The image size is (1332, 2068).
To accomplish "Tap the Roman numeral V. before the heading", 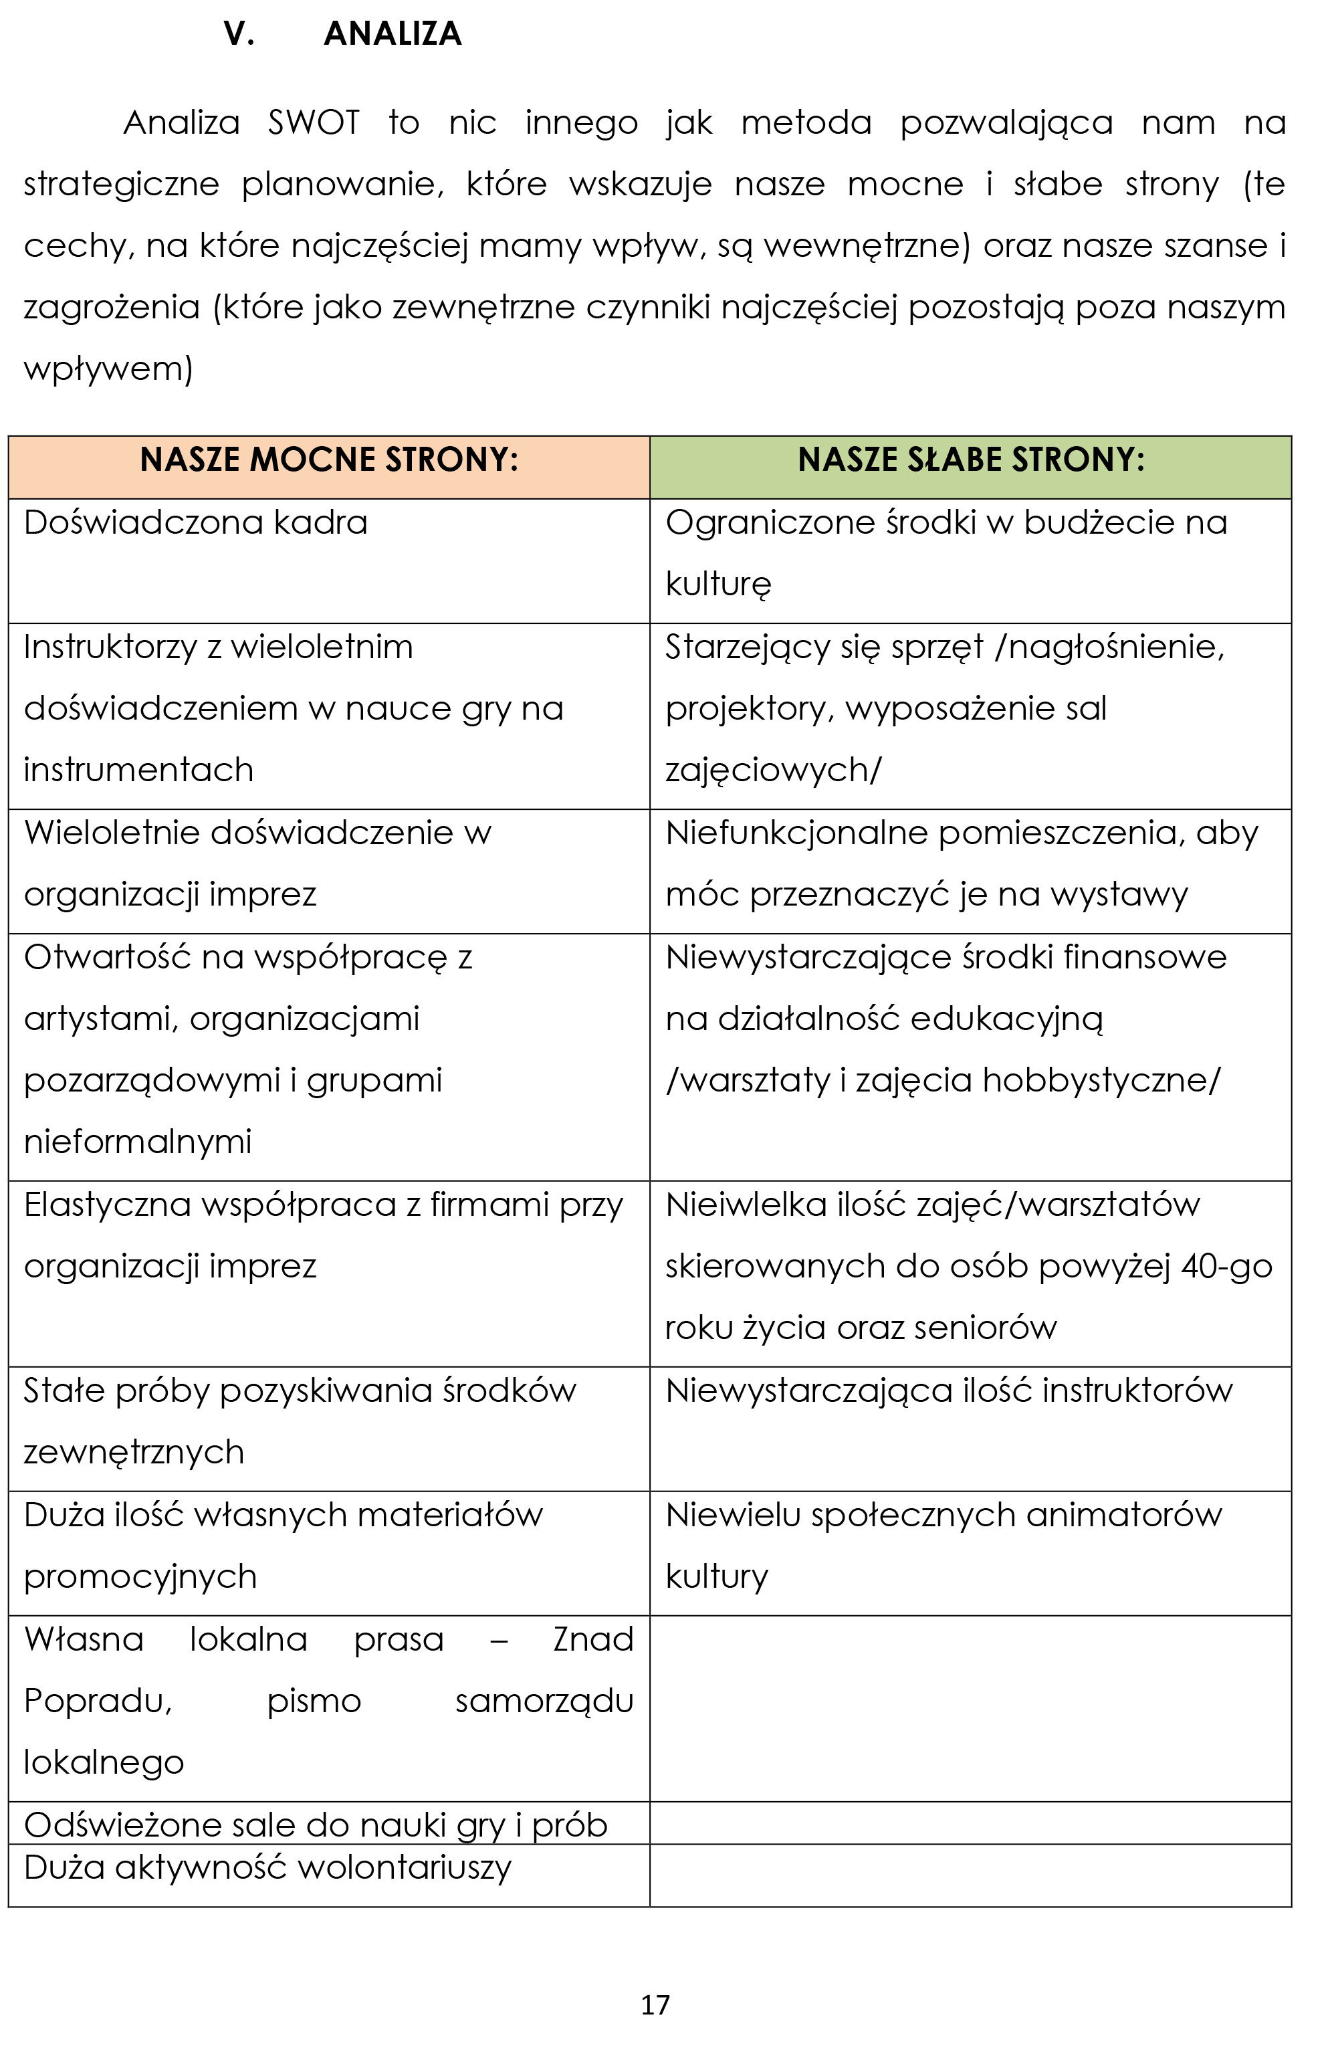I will (x=239, y=33).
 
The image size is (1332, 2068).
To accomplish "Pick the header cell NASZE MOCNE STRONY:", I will (x=329, y=460).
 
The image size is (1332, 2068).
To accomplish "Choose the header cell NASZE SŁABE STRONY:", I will (x=970, y=460).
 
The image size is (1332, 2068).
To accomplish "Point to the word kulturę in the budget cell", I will (x=718, y=585).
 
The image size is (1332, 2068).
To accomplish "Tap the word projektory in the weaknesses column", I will (x=750, y=709).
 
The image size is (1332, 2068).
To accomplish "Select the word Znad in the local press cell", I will (x=593, y=1640).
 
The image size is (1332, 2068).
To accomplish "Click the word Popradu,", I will (x=98, y=1701).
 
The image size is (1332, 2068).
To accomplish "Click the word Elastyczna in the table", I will (x=107, y=1205).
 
